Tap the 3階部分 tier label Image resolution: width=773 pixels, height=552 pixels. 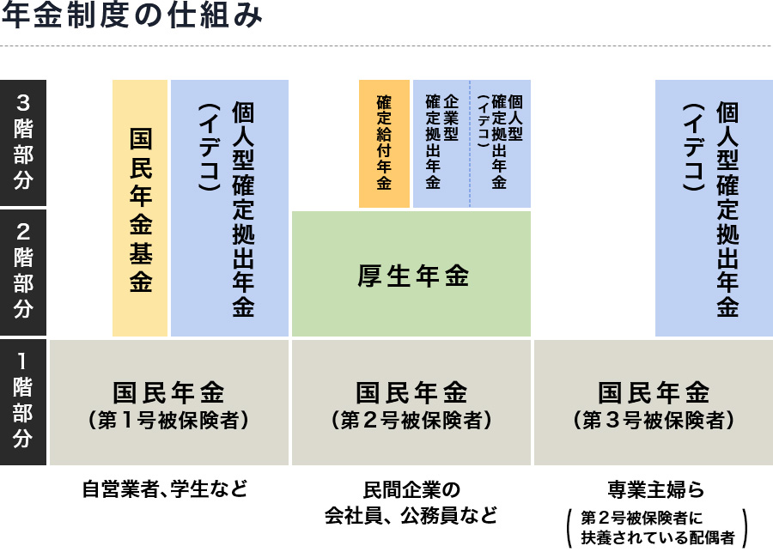click(x=23, y=143)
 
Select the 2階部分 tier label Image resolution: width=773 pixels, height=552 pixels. click(x=23, y=271)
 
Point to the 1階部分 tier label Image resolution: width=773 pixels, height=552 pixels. click(x=23, y=401)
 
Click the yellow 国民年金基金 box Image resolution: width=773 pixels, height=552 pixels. click(x=140, y=209)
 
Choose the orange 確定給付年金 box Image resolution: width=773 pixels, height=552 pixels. click(x=384, y=143)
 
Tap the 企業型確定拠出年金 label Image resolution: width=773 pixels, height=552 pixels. click(x=441, y=143)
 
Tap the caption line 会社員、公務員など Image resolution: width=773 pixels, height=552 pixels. click(x=411, y=516)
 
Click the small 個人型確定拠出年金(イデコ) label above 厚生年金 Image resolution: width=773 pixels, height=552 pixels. click(x=501, y=143)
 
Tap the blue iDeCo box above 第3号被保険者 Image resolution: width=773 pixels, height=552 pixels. click(x=714, y=209)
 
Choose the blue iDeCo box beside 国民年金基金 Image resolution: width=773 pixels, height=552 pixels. click(x=229, y=209)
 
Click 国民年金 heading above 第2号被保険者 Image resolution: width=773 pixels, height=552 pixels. click(x=411, y=393)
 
